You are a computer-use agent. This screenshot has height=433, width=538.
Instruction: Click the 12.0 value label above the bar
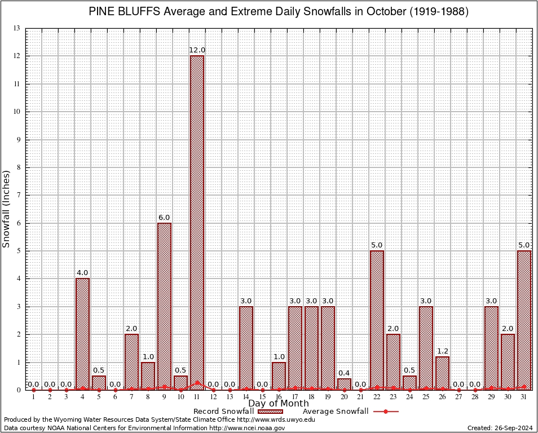pos(197,50)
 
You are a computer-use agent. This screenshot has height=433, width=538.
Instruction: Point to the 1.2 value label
pos(442,351)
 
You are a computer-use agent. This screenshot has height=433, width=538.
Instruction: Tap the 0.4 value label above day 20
pos(344,373)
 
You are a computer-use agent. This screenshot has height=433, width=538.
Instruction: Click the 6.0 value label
pos(164,218)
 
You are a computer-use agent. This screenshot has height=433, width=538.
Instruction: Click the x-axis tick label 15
pos(262,397)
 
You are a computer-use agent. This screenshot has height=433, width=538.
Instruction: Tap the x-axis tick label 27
pos(458,397)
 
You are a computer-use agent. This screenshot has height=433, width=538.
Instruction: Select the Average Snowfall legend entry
pos(335,411)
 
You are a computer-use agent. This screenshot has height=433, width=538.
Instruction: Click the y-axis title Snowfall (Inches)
pos(6,209)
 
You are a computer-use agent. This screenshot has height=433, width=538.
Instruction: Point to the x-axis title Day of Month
pos(279,404)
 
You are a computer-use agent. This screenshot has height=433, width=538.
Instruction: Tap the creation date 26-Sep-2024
pos(514,428)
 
